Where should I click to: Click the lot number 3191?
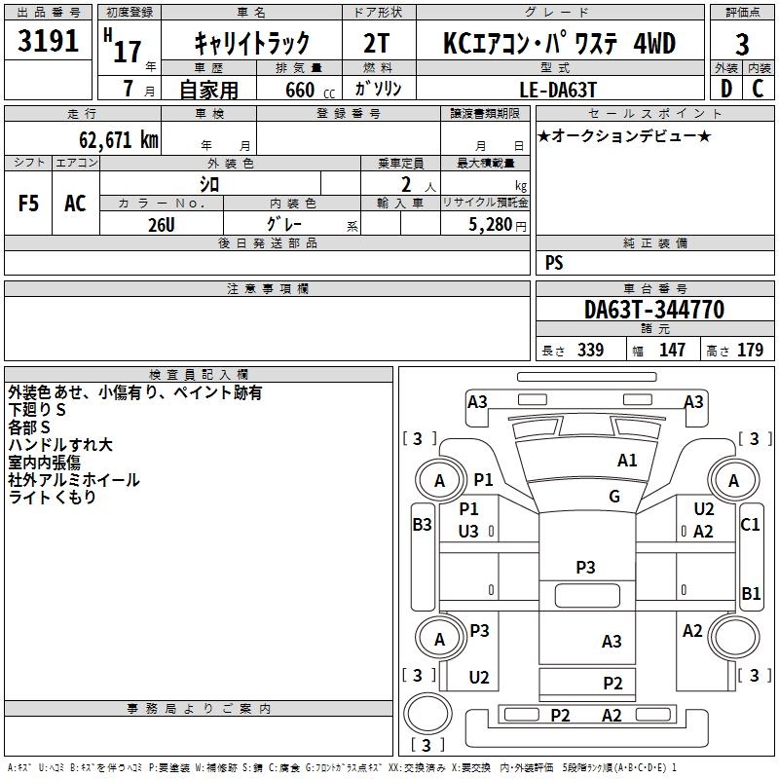click(48, 41)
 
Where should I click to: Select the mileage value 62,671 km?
click(119, 139)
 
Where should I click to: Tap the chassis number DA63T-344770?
click(654, 310)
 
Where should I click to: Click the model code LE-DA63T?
click(558, 90)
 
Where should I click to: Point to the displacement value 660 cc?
click(310, 90)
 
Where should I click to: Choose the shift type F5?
click(28, 204)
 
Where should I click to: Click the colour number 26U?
click(162, 225)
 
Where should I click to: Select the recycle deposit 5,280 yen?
click(498, 225)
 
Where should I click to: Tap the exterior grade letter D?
click(726, 89)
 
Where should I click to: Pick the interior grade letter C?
click(758, 89)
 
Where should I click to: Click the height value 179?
click(750, 350)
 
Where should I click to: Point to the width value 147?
click(672, 350)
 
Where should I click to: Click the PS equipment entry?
click(554, 262)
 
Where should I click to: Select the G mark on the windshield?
click(614, 496)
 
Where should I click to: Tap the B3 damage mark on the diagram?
click(423, 524)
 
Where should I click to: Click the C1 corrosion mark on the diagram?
click(750, 524)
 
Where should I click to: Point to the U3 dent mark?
click(468, 531)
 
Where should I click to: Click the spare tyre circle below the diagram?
click(427, 713)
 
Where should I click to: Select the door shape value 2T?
click(377, 43)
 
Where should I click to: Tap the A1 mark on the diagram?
click(627, 461)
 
